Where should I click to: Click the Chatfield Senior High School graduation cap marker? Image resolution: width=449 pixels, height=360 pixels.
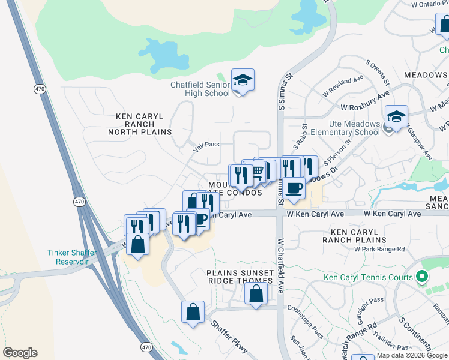click(x=243, y=80)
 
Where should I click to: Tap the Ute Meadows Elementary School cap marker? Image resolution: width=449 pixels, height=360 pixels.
click(x=397, y=117)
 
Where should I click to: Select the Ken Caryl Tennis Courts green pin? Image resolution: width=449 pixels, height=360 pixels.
click(x=422, y=277)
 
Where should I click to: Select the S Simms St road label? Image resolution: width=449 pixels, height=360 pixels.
click(x=280, y=96)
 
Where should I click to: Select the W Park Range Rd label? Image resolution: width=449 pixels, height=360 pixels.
click(x=379, y=249)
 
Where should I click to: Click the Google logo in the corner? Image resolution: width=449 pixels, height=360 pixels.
click(x=20, y=353)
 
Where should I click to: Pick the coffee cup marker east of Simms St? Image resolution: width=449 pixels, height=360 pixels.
click(x=294, y=188)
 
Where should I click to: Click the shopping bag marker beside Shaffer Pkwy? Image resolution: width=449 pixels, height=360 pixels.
click(x=193, y=313)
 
